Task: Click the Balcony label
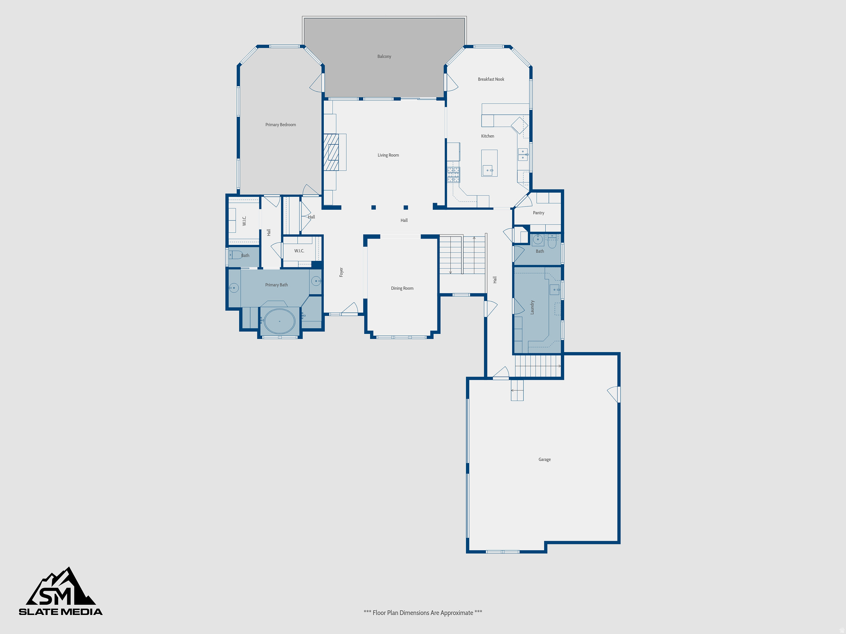coord(384,57)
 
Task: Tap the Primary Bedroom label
coord(280,125)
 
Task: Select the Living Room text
coord(388,155)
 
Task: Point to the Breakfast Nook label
coord(491,79)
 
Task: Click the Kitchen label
coord(487,136)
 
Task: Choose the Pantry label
coord(538,213)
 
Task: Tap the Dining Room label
coord(402,289)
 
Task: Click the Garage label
coord(544,459)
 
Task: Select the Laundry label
coord(532,307)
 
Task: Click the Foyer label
coord(341,272)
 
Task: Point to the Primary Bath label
coord(276,285)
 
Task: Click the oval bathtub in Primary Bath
coord(280,321)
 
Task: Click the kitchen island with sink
coord(489,163)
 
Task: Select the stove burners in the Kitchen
coord(453,175)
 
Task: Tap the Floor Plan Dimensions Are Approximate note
coord(423,613)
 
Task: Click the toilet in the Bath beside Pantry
coord(552,242)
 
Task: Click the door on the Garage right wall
coord(614,394)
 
